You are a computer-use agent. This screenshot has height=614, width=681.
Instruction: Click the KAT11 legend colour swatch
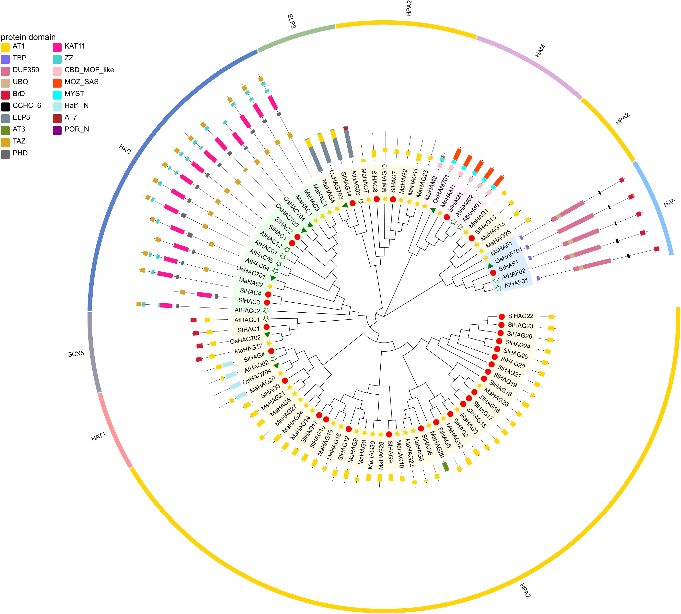click(x=57, y=47)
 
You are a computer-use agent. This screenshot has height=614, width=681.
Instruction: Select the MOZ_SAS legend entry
click(x=81, y=82)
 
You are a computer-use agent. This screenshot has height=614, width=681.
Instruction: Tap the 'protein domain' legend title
click(x=28, y=37)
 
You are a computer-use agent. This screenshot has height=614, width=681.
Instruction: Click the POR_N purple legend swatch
click(x=57, y=130)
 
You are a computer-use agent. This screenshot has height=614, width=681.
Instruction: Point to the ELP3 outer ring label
click(x=291, y=21)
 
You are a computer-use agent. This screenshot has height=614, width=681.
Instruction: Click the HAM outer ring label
click(x=540, y=51)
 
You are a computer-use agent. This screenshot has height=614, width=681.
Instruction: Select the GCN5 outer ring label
click(x=76, y=354)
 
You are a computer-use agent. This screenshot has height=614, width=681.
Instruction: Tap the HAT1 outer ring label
click(x=99, y=437)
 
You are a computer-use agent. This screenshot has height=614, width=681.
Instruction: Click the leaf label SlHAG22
click(x=520, y=316)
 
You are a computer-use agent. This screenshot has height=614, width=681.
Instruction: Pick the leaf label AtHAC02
click(x=247, y=310)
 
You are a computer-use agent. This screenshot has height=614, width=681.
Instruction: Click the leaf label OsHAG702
click(x=245, y=339)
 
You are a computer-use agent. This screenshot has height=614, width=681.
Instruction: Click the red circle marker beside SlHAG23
click(x=501, y=325)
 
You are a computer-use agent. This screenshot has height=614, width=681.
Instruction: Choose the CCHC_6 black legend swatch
click(x=5, y=106)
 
